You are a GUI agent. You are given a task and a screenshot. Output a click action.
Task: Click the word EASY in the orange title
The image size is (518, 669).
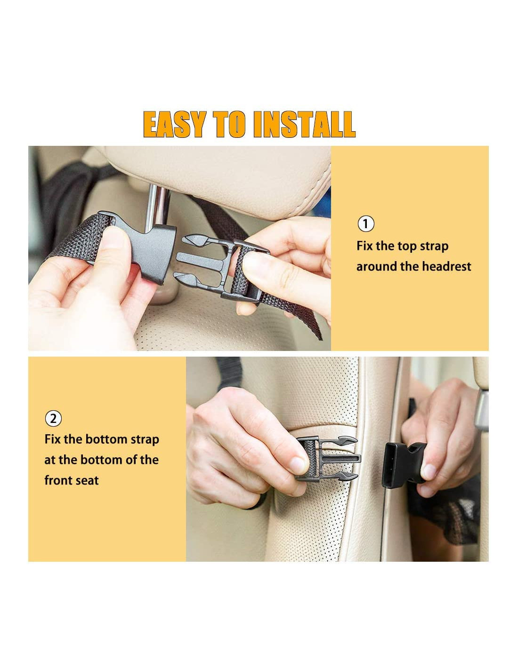175,124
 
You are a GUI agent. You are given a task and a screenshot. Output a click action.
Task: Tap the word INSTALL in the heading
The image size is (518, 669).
305,124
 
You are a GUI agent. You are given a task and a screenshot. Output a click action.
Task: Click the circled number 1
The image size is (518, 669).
366,224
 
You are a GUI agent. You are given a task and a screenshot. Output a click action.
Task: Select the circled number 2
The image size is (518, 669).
53,419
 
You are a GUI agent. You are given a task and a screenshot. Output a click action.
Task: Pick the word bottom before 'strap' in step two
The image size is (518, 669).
106,439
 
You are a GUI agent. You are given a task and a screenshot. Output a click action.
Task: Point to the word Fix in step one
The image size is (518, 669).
365,246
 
